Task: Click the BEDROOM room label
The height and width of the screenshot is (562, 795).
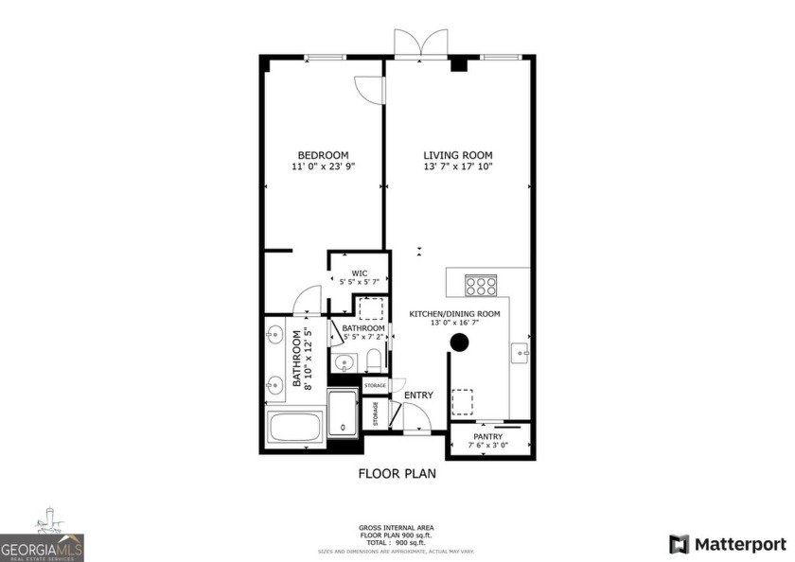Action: point(323,155)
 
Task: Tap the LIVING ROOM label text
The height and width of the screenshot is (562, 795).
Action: point(457,155)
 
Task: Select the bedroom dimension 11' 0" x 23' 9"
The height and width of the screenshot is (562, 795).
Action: point(323,167)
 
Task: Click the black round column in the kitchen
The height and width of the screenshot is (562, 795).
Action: point(459,342)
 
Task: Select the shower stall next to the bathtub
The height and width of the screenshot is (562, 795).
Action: point(342,413)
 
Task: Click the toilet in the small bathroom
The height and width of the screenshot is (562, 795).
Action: point(373,360)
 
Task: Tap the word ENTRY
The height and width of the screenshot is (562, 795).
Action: point(418,395)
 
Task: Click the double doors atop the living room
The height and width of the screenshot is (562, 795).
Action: point(421,44)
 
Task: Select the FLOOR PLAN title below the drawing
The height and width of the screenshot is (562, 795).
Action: point(397,473)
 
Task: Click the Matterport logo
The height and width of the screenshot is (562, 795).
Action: point(727,544)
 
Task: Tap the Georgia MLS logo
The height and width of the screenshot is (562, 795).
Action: point(43,540)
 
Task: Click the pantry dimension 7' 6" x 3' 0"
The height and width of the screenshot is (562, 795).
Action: point(488,446)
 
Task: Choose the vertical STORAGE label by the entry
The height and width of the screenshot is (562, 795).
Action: point(375,413)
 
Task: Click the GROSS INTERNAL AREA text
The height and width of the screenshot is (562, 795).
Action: point(397,527)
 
